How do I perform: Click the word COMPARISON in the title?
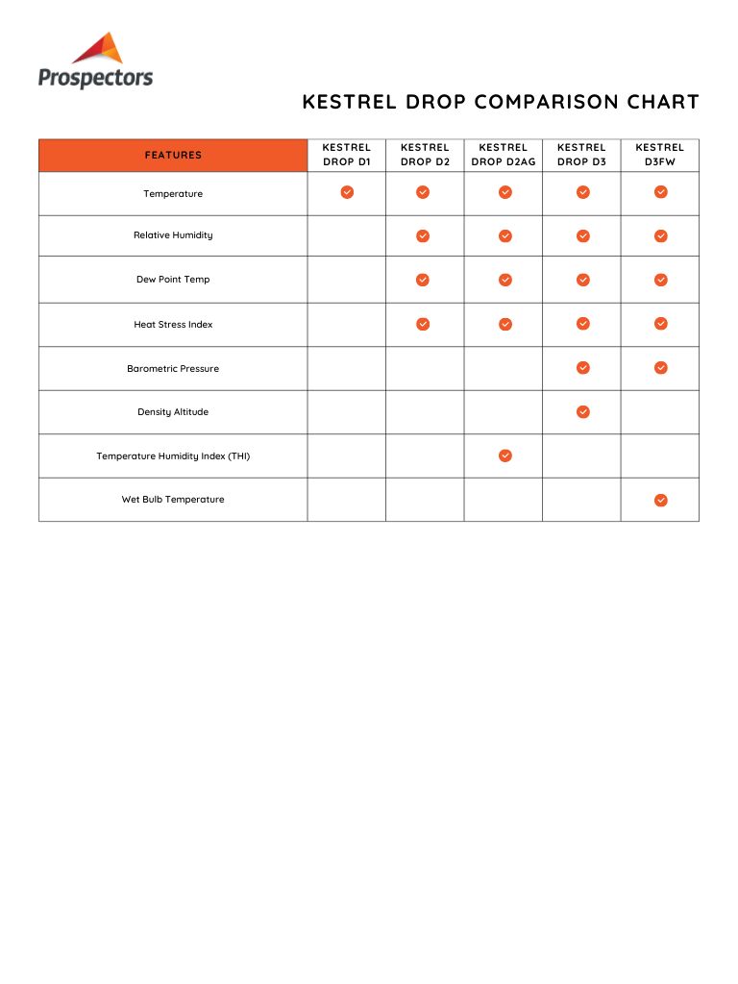(x=549, y=102)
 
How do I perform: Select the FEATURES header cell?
(x=173, y=155)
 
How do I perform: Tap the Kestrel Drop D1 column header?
(x=346, y=155)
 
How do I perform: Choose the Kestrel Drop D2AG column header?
(x=504, y=155)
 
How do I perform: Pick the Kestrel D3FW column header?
(x=660, y=155)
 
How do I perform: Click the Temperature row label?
(x=173, y=194)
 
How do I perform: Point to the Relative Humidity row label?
(x=173, y=235)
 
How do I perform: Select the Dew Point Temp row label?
(x=173, y=280)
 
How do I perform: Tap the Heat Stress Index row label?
(x=173, y=325)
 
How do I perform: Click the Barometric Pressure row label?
(x=173, y=369)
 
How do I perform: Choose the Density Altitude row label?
(x=173, y=412)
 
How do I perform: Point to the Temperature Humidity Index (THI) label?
(x=173, y=456)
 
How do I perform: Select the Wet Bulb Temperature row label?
(x=173, y=500)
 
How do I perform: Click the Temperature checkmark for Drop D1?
(x=347, y=192)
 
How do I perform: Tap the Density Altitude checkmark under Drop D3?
(x=582, y=412)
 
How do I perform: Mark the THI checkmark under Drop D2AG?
(x=504, y=455)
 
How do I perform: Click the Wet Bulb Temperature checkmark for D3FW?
(x=660, y=500)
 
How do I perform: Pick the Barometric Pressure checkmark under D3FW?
(x=660, y=368)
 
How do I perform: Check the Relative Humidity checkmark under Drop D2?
(x=422, y=235)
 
